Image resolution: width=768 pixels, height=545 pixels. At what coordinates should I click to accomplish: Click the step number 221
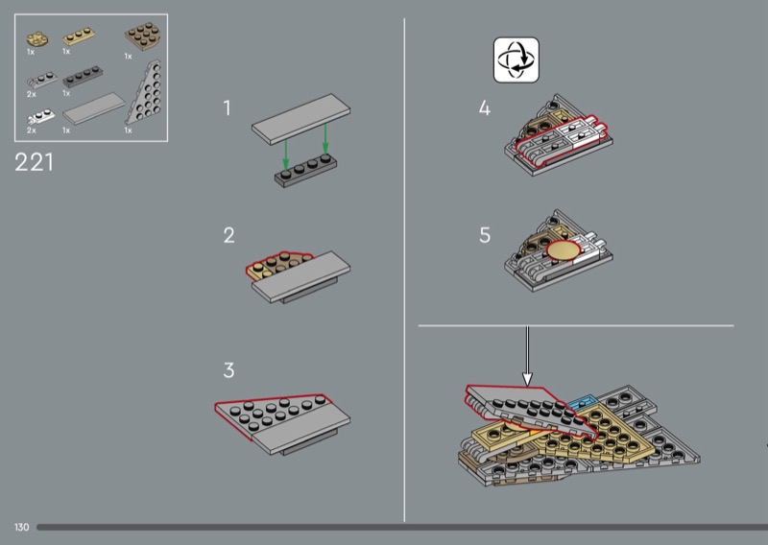click(x=34, y=162)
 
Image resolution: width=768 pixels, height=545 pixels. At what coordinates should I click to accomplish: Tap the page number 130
click(x=21, y=528)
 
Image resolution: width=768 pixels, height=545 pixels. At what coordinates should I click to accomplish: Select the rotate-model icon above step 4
click(x=516, y=59)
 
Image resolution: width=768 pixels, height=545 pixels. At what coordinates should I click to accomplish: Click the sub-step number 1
click(x=227, y=108)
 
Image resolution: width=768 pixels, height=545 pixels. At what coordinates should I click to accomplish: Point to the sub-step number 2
click(x=228, y=235)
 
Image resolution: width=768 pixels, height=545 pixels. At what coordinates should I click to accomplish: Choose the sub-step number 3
click(x=228, y=370)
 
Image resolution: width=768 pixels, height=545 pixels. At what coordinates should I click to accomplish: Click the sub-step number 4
click(x=485, y=108)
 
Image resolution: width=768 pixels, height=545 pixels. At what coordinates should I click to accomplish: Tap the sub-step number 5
click(x=485, y=235)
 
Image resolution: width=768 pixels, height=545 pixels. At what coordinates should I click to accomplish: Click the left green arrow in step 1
click(x=286, y=154)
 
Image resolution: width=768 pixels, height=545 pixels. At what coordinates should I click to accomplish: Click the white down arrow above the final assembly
click(x=527, y=356)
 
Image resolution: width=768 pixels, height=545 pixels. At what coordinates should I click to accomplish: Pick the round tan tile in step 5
click(x=564, y=250)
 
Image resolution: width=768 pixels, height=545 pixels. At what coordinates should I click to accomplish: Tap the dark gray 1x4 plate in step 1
click(x=305, y=171)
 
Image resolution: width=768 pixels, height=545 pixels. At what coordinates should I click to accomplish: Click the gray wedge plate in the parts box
click(x=145, y=93)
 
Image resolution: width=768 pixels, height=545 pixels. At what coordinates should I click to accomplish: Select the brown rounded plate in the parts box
click(x=144, y=36)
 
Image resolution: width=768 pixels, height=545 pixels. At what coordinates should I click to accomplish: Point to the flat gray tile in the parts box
click(x=94, y=108)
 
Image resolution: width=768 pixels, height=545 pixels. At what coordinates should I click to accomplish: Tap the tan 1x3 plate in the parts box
click(x=79, y=37)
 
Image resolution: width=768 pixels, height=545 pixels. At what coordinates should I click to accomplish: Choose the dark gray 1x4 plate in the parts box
click(x=83, y=78)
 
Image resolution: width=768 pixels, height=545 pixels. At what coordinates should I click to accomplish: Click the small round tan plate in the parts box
click(x=37, y=39)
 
